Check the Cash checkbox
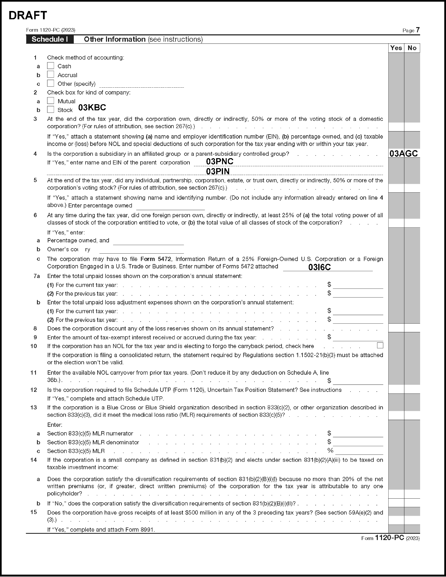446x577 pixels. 51,66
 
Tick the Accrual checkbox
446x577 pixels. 51,75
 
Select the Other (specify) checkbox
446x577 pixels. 51,83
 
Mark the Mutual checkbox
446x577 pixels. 51,101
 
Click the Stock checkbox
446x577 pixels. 51,110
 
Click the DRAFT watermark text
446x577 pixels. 28,16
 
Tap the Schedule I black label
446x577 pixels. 50,39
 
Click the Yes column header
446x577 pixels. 396,48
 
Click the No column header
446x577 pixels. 412,48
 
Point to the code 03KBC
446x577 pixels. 92,108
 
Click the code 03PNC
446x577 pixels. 220,161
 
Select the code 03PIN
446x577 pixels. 218,171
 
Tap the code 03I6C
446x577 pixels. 319,267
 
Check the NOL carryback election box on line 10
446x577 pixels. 380,346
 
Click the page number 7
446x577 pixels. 417,30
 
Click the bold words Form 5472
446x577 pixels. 155,259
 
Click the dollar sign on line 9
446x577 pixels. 329,337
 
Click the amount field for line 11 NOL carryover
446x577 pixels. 358,381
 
